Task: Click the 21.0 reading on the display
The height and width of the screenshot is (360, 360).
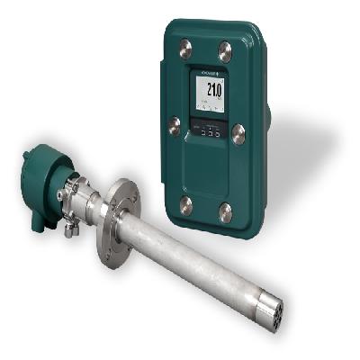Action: tap(213, 90)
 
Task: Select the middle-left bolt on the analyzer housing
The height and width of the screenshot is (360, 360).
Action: tap(173, 125)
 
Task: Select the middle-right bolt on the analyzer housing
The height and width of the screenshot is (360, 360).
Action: tap(238, 134)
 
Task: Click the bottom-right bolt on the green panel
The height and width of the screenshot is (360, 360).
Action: tap(224, 212)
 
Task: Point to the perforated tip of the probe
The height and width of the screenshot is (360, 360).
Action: tap(274, 311)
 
